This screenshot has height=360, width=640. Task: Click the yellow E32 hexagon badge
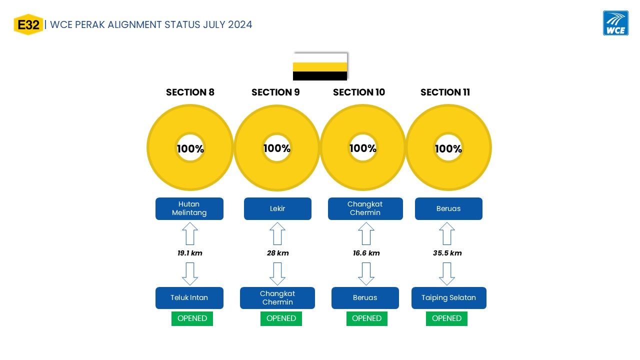click(28, 24)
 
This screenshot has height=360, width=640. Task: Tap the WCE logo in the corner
click(615, 23)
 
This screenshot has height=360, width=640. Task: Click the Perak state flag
click(320, 66)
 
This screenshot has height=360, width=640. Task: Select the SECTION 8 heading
click(190, 92)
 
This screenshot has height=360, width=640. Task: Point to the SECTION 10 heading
click(359, 92)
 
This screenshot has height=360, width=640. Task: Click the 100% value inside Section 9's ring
click(277, 148)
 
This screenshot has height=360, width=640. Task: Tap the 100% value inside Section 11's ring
click(448, 148)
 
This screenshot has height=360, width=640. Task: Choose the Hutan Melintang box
click(189, 208)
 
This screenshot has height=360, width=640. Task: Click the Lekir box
click(277, 208)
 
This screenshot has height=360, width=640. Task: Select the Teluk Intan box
click(189, 297)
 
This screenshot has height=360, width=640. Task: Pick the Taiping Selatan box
click(449, 297)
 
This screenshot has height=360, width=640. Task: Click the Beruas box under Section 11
click(448, 208)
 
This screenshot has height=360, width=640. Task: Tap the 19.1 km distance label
click(189, 253)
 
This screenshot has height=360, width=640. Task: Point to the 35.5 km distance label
click(447, 253)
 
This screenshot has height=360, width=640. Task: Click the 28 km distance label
click(277, 253)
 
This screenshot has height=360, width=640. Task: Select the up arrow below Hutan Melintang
click(190, 233)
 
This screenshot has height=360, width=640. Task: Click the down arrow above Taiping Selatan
click(447, 274)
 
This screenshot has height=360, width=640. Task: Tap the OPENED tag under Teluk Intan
click(192, 318)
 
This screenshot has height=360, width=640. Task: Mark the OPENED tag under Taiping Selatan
click(446, 318)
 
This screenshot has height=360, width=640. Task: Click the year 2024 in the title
click(240, 25)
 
